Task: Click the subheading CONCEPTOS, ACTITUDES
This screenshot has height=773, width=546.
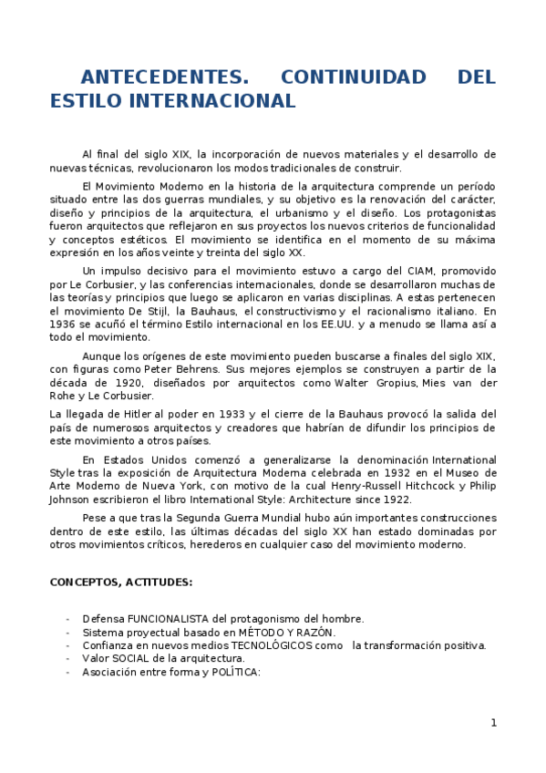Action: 120,582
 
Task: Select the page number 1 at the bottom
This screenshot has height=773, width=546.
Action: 493,723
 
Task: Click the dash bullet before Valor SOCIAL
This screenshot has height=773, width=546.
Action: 68,658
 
